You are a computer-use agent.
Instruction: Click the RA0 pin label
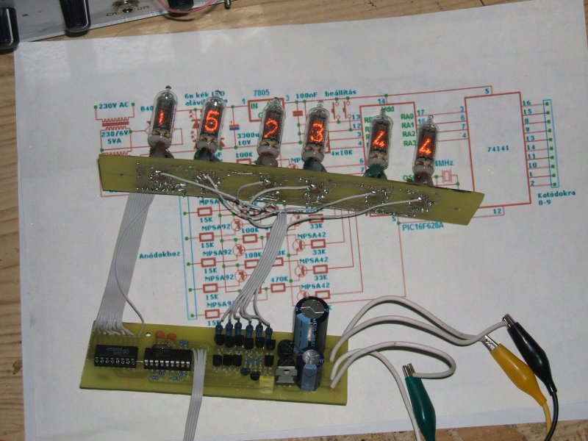tap(404, 116)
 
